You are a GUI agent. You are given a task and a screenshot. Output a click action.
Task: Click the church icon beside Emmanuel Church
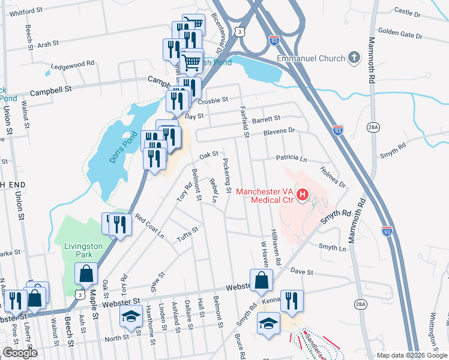click(355, 58)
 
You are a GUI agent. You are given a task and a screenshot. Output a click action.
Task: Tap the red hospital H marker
click(303, 195)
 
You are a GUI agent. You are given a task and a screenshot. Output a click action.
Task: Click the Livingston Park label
click(83, 250)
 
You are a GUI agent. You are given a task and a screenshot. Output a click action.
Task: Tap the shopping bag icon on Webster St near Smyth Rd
click(261, 280)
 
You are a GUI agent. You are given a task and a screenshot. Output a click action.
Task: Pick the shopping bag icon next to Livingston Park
click(86, 274)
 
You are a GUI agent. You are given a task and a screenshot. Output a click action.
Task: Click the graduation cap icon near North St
click(130, 318)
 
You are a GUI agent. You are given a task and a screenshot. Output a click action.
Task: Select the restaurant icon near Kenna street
click(292, 301)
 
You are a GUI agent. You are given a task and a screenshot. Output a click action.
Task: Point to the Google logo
click(20, 353)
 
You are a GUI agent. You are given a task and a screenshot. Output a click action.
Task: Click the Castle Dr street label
click(408, 12)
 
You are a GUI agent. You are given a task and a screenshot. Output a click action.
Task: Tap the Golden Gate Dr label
click(400, 35)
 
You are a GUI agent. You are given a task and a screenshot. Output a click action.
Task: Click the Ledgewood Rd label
click(73, 64)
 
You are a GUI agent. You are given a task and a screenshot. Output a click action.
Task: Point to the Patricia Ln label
click(291, 159)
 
